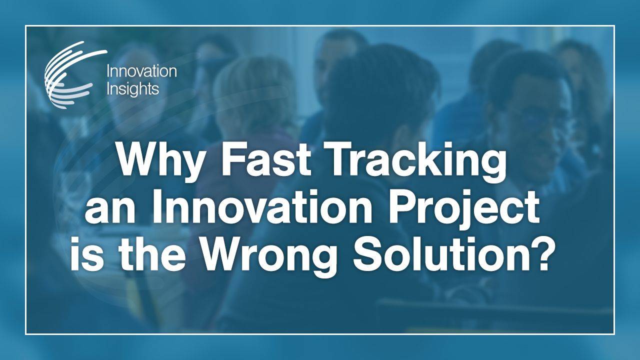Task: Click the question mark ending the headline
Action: point(546,256)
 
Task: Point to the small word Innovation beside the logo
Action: point(141,71)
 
